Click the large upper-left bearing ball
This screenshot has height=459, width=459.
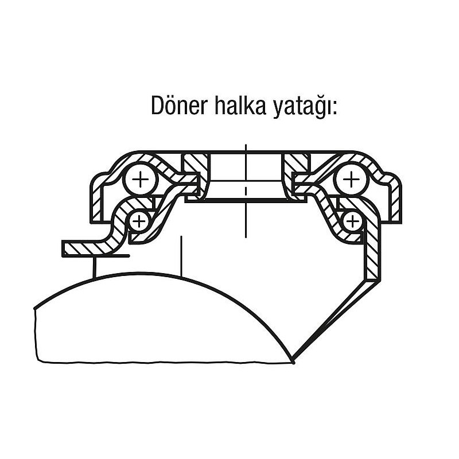point(140,182)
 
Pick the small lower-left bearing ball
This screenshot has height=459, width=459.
point(139,220)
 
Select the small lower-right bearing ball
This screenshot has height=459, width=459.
point(352,220)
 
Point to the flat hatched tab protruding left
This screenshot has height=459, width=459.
point(86,248)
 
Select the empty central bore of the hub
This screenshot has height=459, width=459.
point(245,175)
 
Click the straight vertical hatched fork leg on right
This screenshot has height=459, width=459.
point(373,252)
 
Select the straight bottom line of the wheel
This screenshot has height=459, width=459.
point(166,362)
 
